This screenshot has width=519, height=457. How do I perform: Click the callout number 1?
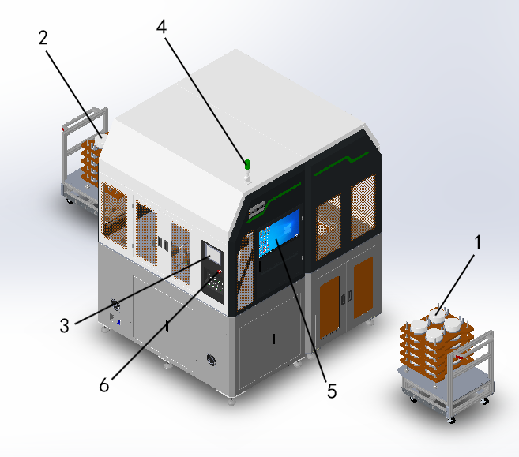point(478,242)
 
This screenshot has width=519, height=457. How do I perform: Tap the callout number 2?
point(43,38)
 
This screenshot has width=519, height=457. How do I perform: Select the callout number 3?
point(65,325)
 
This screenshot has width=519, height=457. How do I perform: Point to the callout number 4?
point(161,27)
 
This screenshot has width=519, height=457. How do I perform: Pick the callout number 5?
point(332,391)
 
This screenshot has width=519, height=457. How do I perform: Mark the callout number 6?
point(104,385)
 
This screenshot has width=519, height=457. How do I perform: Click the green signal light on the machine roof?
point(247,164)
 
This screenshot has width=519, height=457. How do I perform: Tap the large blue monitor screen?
point(279,233)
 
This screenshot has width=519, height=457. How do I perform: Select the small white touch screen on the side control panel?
point(213,253)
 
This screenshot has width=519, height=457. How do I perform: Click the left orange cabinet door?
point(329,307)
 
